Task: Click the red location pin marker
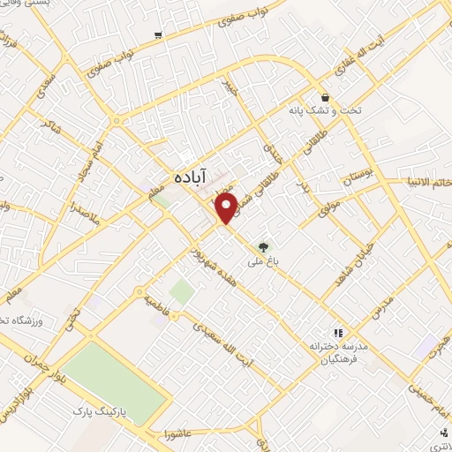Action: (226, 208)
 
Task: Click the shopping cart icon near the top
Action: (158, 35)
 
